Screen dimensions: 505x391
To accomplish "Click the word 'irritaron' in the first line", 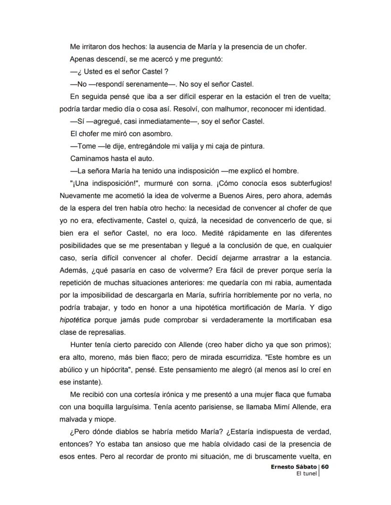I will click(94, 47).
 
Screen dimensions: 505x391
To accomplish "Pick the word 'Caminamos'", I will click(88, 158).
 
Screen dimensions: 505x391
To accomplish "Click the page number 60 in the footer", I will click(325, 466).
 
